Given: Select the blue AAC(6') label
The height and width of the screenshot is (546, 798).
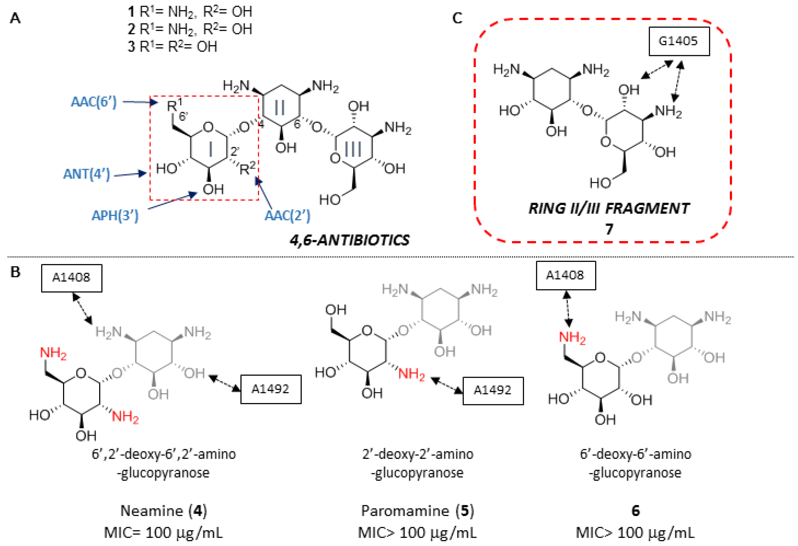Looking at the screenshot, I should click(x=94, y=102).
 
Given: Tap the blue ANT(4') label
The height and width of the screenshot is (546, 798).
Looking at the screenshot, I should click(x=87, y=174).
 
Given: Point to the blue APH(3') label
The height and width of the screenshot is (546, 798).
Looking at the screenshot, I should click(x=115, y=215).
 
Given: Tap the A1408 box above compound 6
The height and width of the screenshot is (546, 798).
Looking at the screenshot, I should click(x=565, y=275).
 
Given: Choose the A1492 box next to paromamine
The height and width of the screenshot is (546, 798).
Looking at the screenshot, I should click(x=493, y=390).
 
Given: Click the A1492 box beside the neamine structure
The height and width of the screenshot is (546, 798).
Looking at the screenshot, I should click(x=271, y=389).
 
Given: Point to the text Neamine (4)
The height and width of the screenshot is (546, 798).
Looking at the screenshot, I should click(x=163, y=511).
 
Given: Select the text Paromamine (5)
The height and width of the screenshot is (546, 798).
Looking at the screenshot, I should click(x=417, y=511).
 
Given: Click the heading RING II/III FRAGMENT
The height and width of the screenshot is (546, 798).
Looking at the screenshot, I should click(x=608, y=208).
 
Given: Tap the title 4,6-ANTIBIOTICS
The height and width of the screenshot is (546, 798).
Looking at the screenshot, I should click(x=350, y=240).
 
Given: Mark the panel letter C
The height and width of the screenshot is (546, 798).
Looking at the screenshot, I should click(x=457, y=18).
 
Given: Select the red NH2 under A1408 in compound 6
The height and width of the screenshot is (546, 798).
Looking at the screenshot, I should click(x=572, y=338).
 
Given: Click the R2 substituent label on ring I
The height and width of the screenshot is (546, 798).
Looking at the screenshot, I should click(x=247, y=168).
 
